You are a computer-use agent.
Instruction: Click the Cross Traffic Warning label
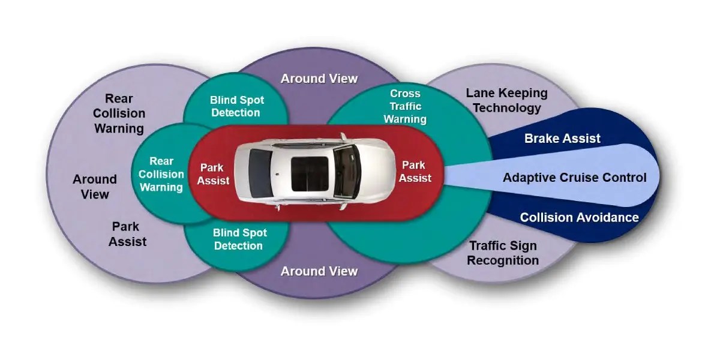(406, 106)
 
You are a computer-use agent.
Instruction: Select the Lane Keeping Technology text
(506, 100)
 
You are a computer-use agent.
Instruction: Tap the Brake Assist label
(562, 139)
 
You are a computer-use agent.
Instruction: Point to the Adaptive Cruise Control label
(574, 178)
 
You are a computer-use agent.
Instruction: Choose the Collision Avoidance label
(579, 217)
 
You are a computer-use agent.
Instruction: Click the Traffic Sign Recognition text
(503, 253)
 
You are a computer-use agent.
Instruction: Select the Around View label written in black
(95, 186)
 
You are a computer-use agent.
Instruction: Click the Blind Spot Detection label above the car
(236, 106)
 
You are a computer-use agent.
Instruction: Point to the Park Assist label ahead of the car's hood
(415, 171)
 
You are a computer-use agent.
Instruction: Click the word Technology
(506, 108)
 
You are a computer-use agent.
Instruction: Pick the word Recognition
(503, 260)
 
